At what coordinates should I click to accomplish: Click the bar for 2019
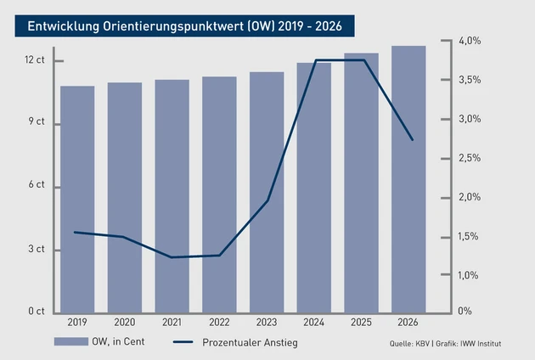[77, 200]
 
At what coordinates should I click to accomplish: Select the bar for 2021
[172, 196]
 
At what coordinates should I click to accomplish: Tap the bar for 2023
[267, 192]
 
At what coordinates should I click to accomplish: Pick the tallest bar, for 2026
[408, 179]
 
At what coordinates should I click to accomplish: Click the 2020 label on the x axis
[125, 323]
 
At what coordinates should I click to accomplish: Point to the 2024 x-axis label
[314, 323]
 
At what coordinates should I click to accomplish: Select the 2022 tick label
[219, 323]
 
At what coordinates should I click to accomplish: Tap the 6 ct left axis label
[37, 186]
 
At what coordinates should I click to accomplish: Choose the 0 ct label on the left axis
[37, 312]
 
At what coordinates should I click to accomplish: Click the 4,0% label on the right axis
[470, 41]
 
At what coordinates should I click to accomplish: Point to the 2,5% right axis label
[470, 158]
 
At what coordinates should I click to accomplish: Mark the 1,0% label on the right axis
[470, 275]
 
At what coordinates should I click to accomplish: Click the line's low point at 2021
[172, 257]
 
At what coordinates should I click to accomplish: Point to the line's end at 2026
[413, 140]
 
